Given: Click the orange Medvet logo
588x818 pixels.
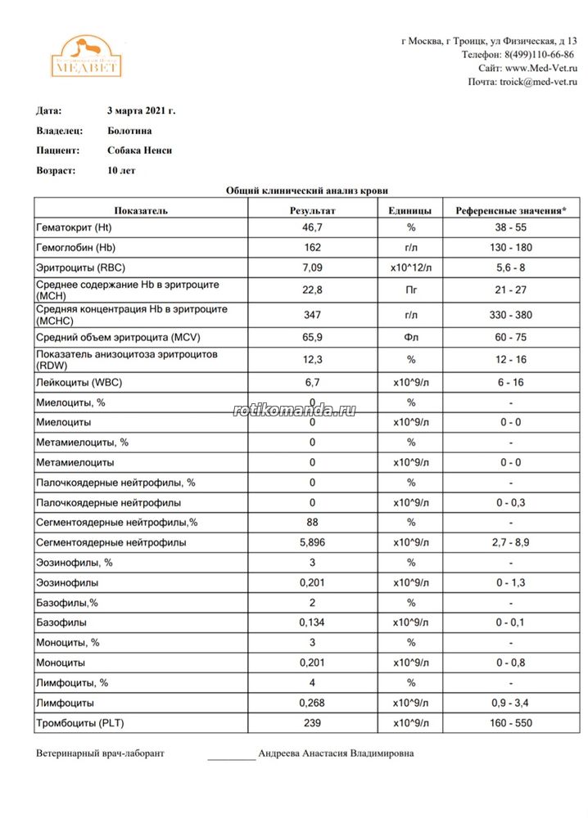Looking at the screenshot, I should coord(87,56).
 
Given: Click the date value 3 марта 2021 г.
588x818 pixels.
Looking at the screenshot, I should coord(141,110).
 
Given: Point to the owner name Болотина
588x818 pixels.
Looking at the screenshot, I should coord(129,130).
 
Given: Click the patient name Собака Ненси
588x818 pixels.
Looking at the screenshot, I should coord(140,151).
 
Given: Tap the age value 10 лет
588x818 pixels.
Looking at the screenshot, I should coord(121,171).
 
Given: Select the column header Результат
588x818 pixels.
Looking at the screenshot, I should coord(313,210).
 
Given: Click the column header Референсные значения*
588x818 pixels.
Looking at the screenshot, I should coord(510,210).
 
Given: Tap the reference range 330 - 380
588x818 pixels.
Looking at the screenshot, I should coord(510,315).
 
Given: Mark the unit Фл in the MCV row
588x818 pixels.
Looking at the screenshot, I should coord(411,338).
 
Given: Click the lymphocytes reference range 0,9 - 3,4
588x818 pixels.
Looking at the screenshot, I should coord(510,703).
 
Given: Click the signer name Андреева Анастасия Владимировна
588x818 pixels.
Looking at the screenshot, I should coord(336,753).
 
